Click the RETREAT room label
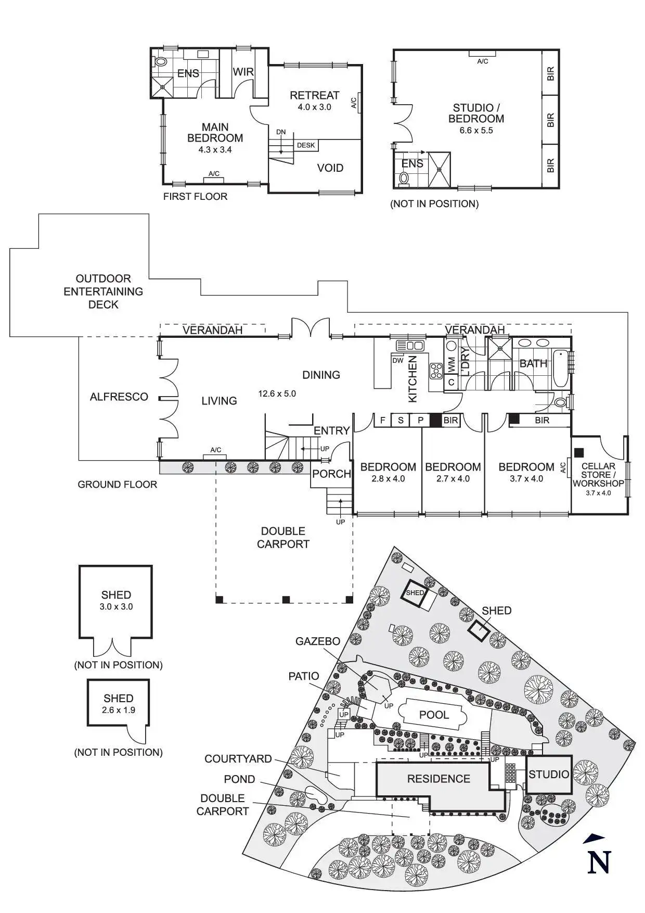(x=314, y=95)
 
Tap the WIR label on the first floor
(x=243, y=72)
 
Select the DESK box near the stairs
(x=306, y=145)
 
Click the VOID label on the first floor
(x=330, y=168)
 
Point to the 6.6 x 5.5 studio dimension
(x=476, y=131)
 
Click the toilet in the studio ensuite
(x=404, y=179)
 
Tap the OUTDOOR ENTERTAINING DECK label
(x=103, y=291)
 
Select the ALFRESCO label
(x=119, y=397)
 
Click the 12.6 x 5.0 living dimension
(x=277, y=394)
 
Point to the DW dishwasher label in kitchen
(x=398, y=361)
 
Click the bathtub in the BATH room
(x=560, y=369)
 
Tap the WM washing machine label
(x=451, y=364)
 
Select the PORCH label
(x=331, y=474)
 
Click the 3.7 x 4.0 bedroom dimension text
(x=526, y=479)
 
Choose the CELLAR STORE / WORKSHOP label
(x=598, y=475)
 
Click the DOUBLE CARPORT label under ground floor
(x=283, y=538)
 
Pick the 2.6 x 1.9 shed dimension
(x=119, y=710)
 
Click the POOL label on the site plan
(x=434, y=715)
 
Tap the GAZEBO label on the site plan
(x=317, y=641)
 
